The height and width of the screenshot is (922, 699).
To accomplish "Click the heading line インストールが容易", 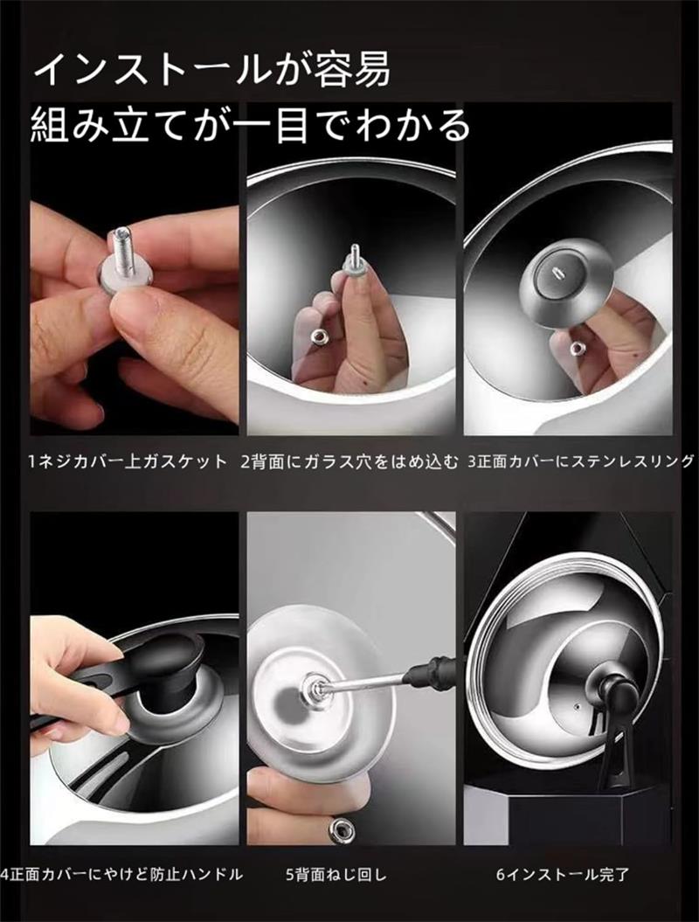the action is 212,69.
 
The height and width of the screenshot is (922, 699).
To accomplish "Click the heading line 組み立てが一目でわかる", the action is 251,125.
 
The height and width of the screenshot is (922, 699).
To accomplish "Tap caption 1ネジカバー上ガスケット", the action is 128,461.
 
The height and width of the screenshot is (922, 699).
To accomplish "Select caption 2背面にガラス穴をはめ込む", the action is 349,462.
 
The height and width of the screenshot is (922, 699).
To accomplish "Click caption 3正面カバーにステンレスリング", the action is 580,461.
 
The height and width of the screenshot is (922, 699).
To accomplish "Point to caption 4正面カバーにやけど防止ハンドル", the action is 121,875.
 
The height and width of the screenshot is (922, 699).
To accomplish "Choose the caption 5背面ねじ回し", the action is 337,875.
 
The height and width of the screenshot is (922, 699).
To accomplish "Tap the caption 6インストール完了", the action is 562,875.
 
